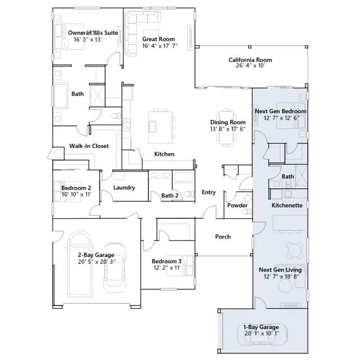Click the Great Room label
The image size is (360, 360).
coord(159,39)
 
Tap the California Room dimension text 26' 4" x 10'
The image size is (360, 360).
coord(250,66)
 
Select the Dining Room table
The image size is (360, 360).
coord(226,127)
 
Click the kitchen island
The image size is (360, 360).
coord(160,127)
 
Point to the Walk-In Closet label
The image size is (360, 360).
coord(89,146)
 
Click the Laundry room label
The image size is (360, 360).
coord(124,188)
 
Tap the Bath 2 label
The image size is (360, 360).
coord(170,196)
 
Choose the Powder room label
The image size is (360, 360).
coord(237,205)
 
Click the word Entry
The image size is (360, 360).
coord(209,192)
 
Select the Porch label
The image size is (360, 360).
coord(223,237)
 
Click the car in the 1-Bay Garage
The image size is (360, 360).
coord(263,334)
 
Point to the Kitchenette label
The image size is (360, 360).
coord(287,205)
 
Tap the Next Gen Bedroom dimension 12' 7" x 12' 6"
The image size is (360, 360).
coord(281,118)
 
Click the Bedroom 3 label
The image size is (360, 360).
coord(166,262)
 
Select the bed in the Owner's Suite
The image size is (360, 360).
coord(69,36)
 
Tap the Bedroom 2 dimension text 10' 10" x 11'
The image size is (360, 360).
coord(76,195)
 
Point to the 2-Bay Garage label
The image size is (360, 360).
coord(96,255)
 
